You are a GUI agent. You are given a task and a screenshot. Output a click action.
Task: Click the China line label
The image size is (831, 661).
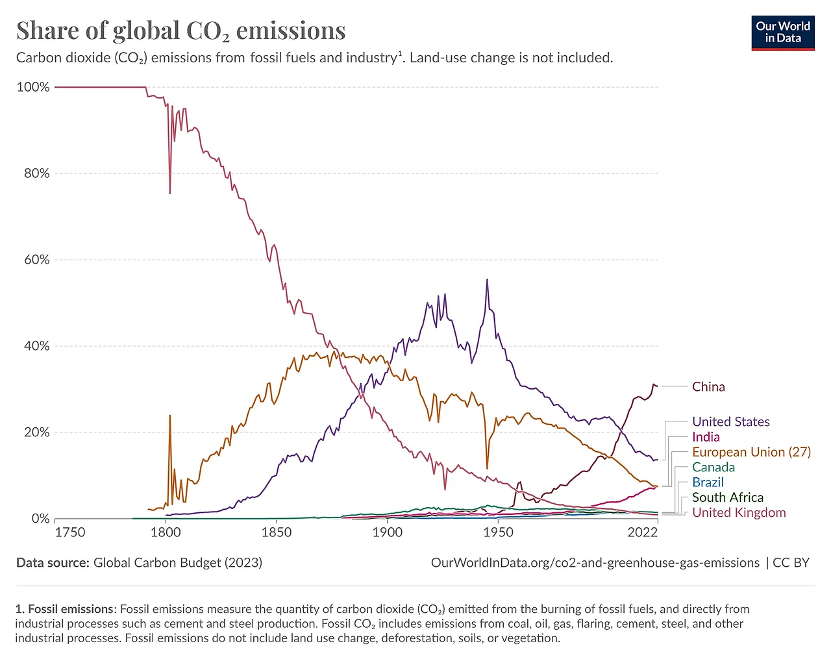point(708,387)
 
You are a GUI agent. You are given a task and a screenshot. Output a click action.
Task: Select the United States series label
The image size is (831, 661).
point(730,422)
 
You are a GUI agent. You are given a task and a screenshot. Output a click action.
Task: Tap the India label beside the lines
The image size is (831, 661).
point(706,437)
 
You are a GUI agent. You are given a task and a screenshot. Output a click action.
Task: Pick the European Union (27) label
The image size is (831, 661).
point(751,452)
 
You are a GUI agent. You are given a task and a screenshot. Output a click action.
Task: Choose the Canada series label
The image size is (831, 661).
point(713,467)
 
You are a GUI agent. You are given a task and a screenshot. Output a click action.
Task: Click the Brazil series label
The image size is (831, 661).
point(708,482)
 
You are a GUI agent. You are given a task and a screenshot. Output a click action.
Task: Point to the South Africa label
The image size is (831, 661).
point(727,497)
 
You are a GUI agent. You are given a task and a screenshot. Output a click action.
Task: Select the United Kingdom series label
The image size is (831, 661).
point(739,513)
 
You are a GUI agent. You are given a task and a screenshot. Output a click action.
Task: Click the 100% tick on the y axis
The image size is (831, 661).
point(33,87)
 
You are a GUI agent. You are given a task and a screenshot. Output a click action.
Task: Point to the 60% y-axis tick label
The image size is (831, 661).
point(36,260)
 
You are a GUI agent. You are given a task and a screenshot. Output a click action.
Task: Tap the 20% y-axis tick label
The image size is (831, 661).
point(36,432)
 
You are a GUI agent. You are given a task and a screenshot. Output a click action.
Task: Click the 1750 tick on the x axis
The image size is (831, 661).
point(70,532)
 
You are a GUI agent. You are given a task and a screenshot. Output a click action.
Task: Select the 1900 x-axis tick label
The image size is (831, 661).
point(387,532)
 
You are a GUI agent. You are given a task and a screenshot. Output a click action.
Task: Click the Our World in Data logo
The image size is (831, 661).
point(783,32)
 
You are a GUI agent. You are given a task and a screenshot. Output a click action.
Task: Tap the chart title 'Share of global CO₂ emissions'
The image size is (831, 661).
point(180,31)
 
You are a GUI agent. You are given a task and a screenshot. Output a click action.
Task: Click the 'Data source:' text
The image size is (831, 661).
point(53,563)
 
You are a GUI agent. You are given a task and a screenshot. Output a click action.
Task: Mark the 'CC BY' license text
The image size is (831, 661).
point(791,563)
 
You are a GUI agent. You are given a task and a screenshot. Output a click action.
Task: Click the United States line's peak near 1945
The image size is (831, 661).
point(487,280)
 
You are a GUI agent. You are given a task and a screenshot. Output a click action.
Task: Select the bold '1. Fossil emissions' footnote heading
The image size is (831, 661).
point(64,609)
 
